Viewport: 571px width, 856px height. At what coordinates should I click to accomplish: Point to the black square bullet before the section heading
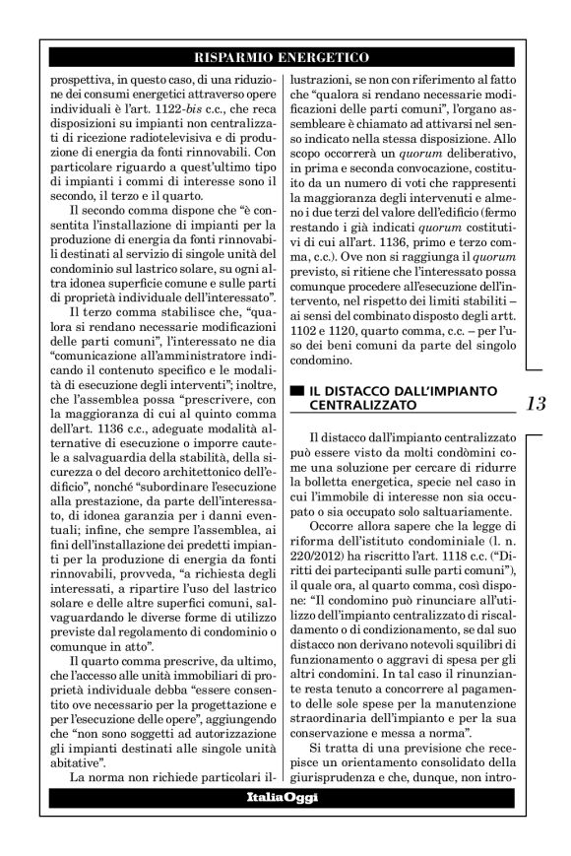296,391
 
